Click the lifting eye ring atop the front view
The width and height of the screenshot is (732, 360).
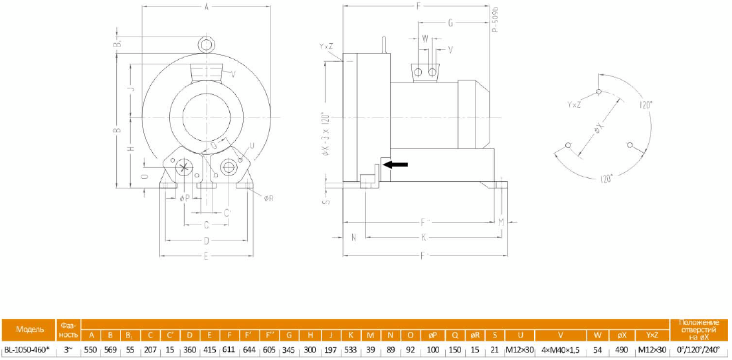pyautogui.click(x=207, y=44)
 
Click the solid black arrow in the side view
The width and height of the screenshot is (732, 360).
pyautogui.click(x=396, y=165)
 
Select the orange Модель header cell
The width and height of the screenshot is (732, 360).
pyautogui.click(x=30, y=329)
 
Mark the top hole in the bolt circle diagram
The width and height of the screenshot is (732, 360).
pyautogui.click(x=598, y=92)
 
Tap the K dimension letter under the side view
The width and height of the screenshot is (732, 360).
pyautogui.click(x=423, y=236)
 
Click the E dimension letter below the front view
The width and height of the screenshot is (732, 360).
pyautogui.click(x=205, y=255)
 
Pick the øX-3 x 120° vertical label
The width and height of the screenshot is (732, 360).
pyautogui.click(x=324, y=133)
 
